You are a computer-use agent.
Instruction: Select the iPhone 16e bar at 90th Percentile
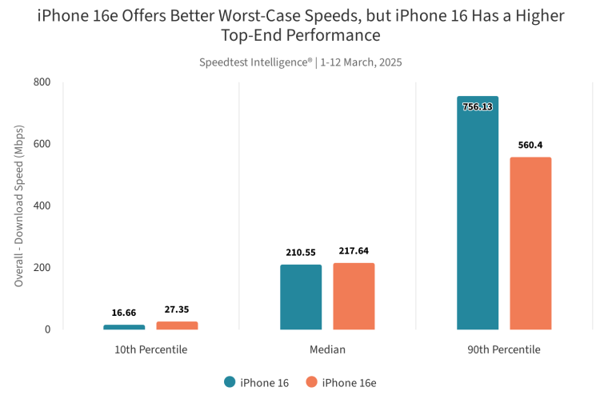(530, 243)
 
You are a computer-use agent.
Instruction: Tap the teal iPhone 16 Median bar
(301, 297)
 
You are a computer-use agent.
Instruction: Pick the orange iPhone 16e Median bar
(354, 296)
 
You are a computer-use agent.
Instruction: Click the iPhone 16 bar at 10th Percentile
(124, 327)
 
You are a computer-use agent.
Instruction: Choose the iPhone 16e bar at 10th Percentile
(177, 325)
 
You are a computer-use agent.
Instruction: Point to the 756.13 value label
(478, 106)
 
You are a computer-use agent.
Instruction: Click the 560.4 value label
(530, 145)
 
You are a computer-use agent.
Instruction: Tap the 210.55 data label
(301, 253)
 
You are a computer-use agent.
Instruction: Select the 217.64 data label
(354, 250)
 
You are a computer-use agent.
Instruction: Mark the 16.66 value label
(124, 313)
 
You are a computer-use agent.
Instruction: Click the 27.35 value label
(177, 309)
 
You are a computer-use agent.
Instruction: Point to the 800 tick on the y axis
(42, 82)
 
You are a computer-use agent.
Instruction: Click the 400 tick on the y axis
(42, 205)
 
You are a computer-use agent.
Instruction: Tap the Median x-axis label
(327, 349)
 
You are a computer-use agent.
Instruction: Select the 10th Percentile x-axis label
(150, 349)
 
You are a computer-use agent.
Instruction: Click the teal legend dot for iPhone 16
(230, 382)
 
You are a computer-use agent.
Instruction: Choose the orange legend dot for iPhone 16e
(311, 382)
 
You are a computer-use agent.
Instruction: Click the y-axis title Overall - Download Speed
(19, 205)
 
